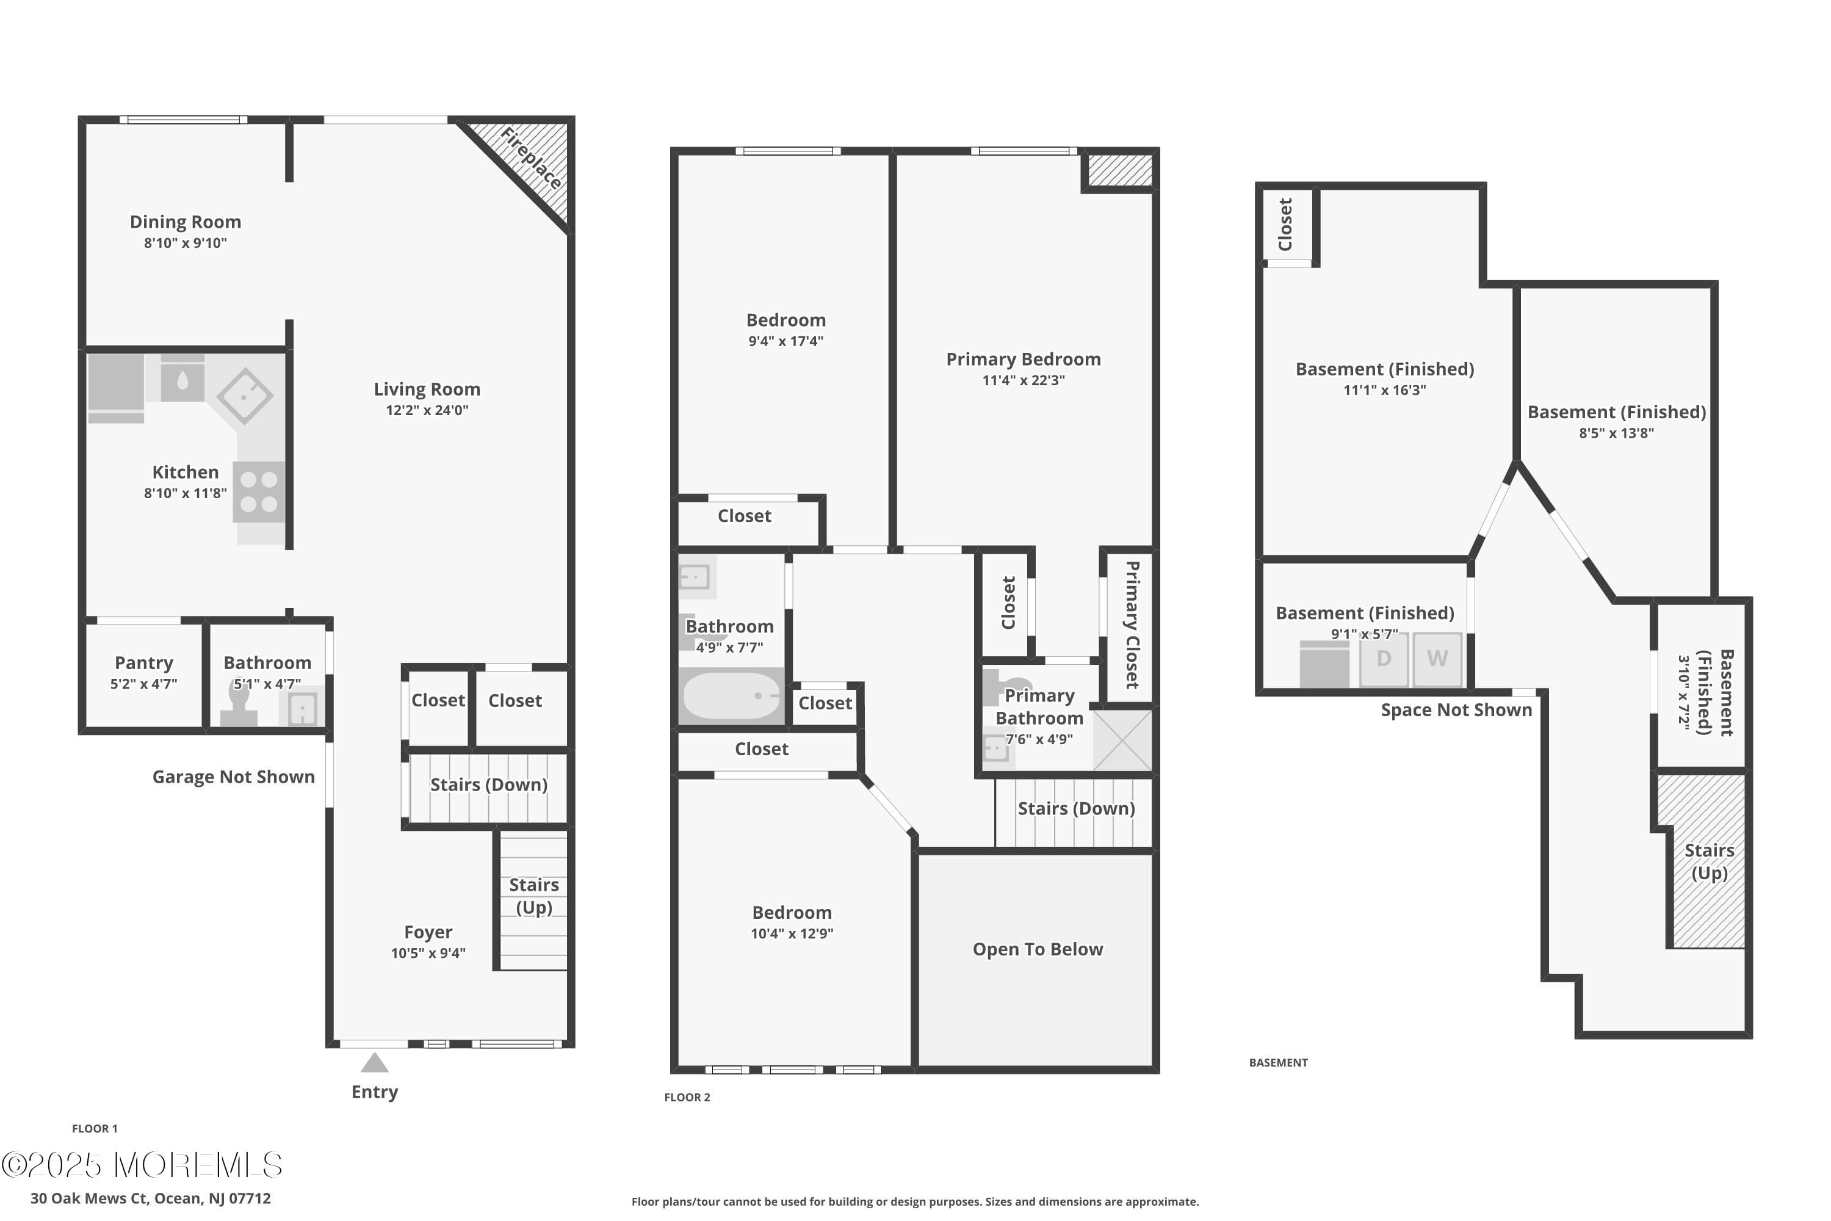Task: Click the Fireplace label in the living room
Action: tap(532, 158)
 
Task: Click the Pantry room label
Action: tap(144, 662)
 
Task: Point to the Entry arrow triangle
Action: tap(375, 1063)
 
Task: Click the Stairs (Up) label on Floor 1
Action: tap(534, 896)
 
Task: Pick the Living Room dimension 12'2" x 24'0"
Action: tap(427, 410)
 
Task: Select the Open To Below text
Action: tap(1038, 949)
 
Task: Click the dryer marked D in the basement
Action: tap(1384, 659)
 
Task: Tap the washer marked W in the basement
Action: tap(1437, 659)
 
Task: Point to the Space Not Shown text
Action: tap(1456, 710)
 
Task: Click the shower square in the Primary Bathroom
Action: tap(1122, 740)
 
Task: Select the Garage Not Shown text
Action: tap(234, 777)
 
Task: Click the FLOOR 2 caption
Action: tap(687, 1097)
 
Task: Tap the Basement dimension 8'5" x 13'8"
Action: tap(1616, 433)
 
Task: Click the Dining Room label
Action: tap(186, 222)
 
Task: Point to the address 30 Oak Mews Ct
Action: tap(150, 1198)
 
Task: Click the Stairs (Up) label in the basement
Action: tap(1710, 861)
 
